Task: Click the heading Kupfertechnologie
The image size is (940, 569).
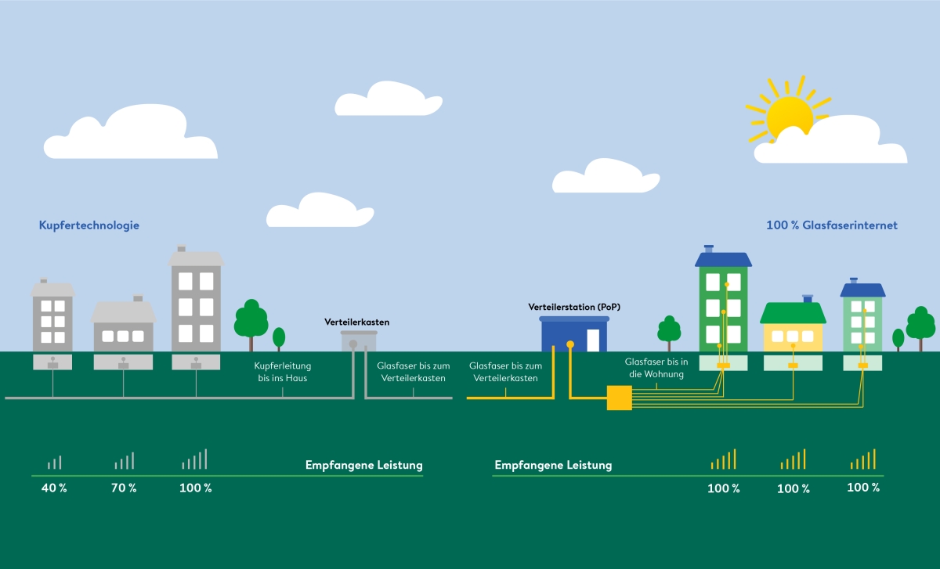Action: pos(89,225)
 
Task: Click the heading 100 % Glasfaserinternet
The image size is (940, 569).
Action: pos(832,225)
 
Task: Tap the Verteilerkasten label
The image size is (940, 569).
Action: pos(356,322)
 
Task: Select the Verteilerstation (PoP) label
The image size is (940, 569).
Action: pos(574,307)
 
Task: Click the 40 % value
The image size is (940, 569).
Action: pos(54,488)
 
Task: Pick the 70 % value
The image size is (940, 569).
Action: pos(124,488)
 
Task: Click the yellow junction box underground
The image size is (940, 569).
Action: pos(620,398)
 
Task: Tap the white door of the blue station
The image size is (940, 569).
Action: pos(593,340)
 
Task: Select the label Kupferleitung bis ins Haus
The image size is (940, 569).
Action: pos(283,372)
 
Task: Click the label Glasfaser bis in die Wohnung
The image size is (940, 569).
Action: pos(656,368)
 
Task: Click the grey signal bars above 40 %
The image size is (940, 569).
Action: pos(55,462)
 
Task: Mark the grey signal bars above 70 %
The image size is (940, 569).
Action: pos(125,460)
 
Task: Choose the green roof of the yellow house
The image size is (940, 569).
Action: pos(793,313)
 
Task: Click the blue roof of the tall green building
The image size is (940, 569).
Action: pos(723,259)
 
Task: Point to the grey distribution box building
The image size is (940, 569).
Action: pos(359,341)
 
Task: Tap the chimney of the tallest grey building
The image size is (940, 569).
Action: pos(181,248)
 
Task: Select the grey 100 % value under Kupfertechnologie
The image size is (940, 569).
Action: pos(196,488)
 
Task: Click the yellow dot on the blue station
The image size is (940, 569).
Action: pos(570,344)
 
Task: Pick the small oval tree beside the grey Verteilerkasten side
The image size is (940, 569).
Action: pos(279,338)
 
